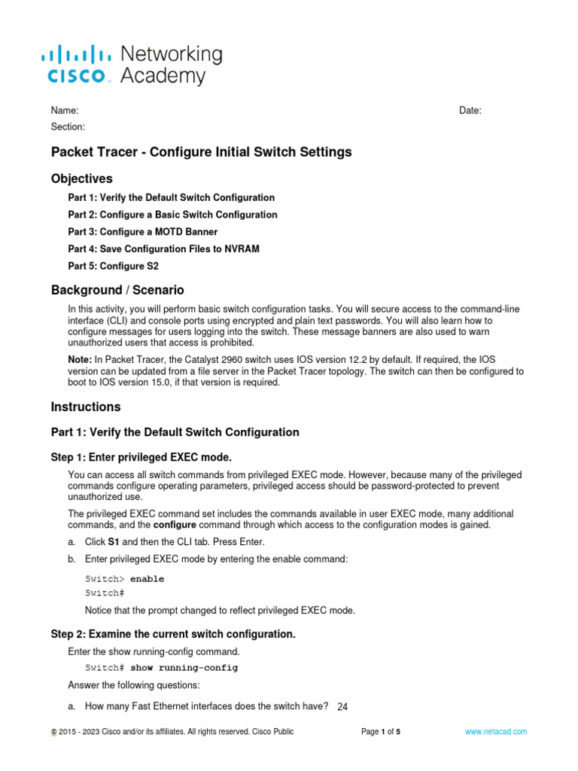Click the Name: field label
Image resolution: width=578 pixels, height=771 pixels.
(x=65, y=111)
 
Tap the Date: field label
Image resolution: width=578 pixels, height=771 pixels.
(x=470, y=111)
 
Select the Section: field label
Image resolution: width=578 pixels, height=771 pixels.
(x=68, y=127)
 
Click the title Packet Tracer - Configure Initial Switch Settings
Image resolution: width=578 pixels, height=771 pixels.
(x=201, y=152)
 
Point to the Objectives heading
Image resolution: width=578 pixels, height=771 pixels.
(x=81, y=179)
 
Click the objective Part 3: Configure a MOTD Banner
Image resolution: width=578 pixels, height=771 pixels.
(x=142, y=232)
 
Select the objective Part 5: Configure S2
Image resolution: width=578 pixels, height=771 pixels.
(x=113, y=266)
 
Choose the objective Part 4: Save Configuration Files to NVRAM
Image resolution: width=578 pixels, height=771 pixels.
(x=163, y=248)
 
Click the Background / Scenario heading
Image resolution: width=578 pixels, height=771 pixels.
(x=117, y=290)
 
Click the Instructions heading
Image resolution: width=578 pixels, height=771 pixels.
(x=85, y=407)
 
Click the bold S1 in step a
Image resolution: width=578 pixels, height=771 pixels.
(x=114, y=542)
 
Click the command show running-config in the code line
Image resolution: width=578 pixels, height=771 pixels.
(x=184, y=668)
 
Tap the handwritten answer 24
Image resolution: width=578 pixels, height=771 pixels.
(x=342, y=706)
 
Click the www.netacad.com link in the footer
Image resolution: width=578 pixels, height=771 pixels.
(x=495, y=731)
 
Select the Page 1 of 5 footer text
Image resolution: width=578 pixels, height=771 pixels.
(x=381, y=731)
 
